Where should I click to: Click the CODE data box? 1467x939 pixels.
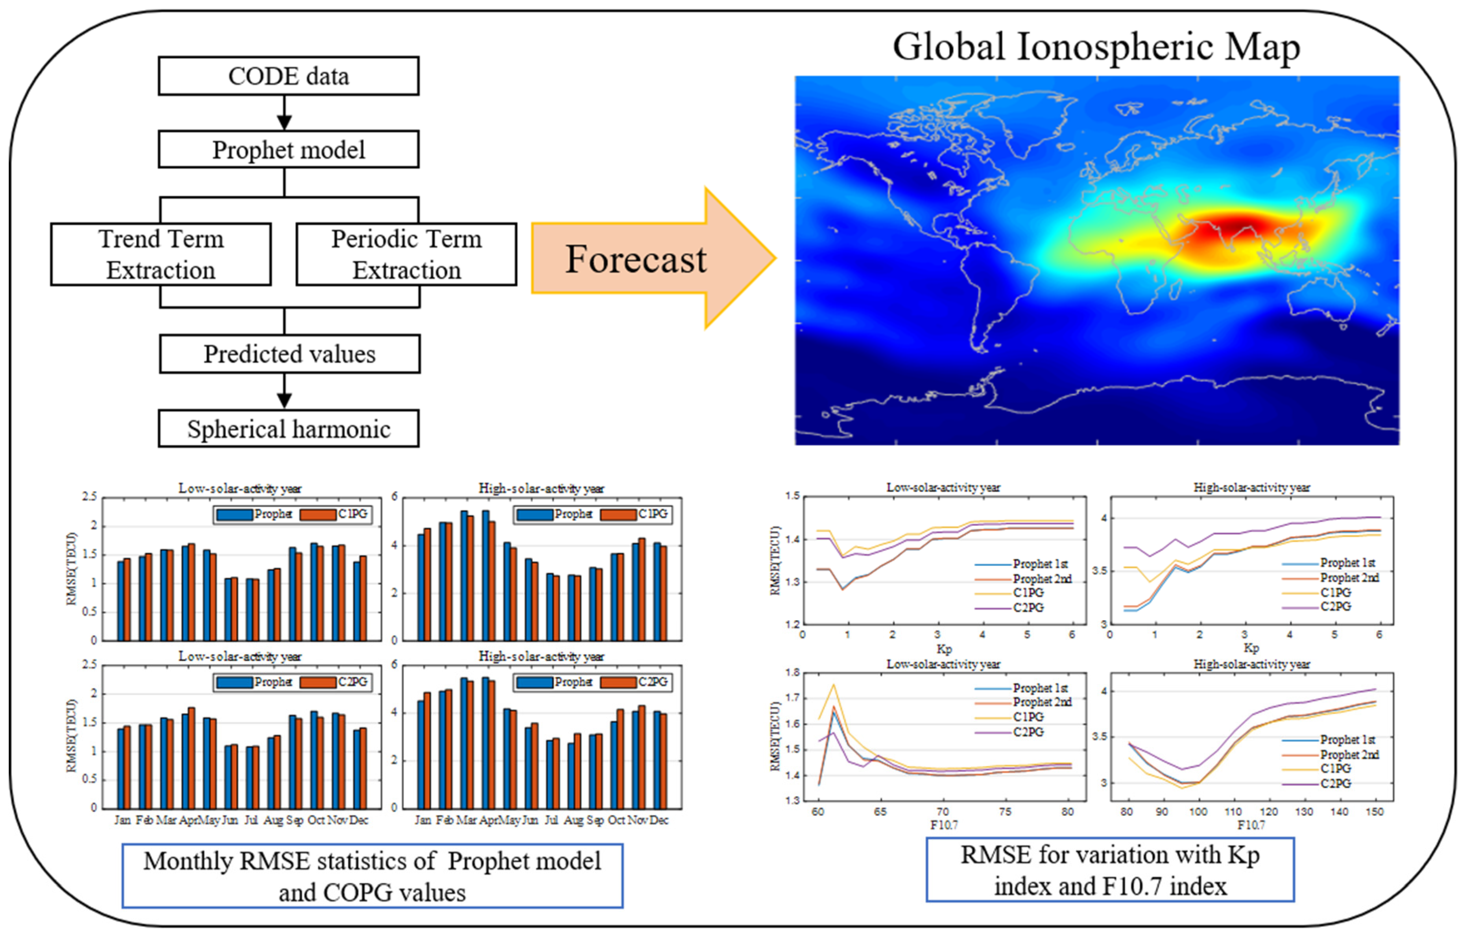(x=288, y=76)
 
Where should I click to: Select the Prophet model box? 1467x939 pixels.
(x=288, y=150)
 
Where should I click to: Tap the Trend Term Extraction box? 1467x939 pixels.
(x=161, y=254)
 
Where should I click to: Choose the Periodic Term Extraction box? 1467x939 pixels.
(x=406, y=254)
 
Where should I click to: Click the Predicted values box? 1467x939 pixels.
(x=290, y=354)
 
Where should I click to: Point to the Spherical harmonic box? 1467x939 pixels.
(x=288, y=429)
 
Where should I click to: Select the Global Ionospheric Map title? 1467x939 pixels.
(x=1096, y=46)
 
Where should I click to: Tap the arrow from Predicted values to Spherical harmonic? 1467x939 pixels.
(x=284, y=392)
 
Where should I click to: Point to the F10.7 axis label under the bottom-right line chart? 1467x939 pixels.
(x=1251, y=825)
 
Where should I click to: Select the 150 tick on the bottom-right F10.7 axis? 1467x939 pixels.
(x=1375, y=811)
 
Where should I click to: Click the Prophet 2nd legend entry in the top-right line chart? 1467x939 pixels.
(x=1349, y=577)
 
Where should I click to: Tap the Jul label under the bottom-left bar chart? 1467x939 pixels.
(x=251, y=820)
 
